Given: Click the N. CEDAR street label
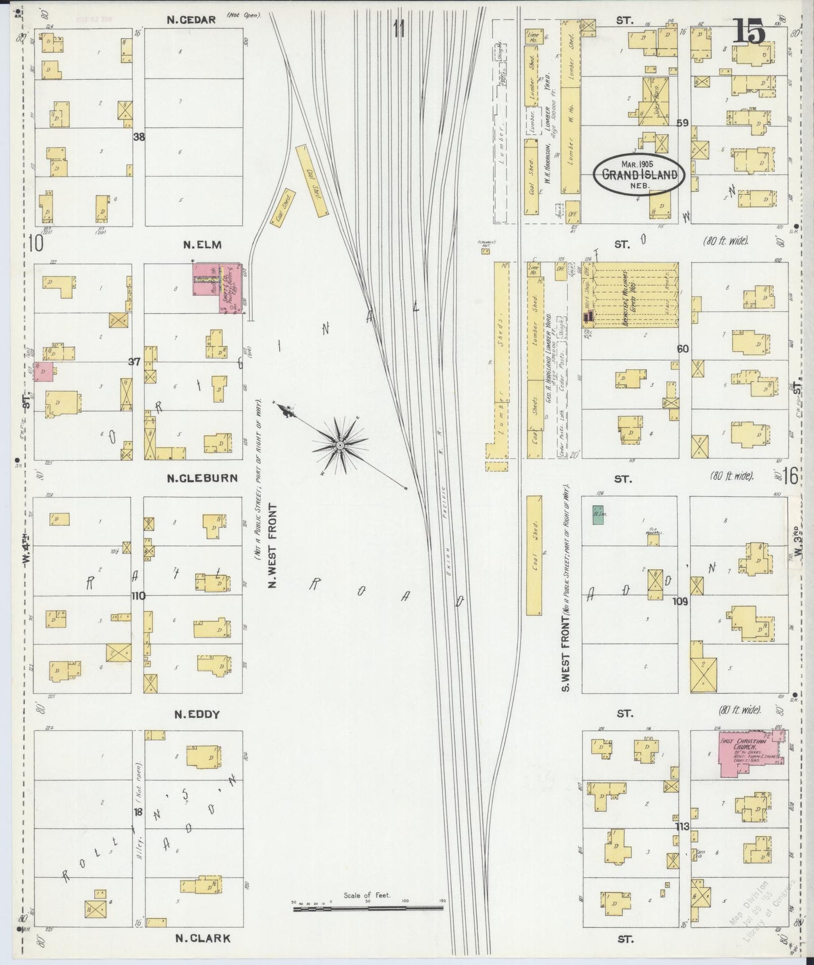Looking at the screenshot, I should point(191,20).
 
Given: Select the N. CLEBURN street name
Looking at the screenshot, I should point(202,478).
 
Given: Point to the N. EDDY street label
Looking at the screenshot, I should point(196,714).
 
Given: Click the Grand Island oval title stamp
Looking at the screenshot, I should point(639,174).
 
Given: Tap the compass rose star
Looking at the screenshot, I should point(340,445).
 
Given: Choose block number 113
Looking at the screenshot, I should point(683,826).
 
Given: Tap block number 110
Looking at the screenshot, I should point(138,596).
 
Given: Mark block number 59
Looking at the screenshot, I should point(683,123).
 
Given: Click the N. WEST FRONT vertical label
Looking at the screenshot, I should point(273,546).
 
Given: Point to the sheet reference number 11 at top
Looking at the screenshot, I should point(399,28).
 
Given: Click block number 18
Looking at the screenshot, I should point(138,811).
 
